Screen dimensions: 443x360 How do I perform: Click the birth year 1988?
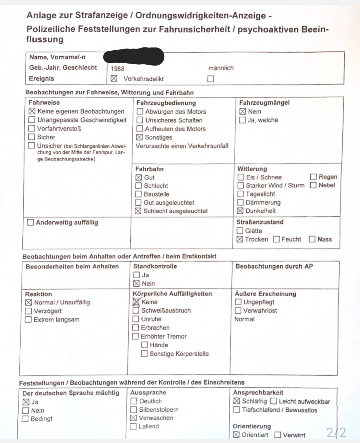click(117, 69)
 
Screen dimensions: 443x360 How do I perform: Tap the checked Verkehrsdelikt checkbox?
click(114, 79)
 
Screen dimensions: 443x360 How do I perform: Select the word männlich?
click(221, 68)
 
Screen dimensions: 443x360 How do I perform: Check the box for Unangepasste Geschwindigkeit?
click(32, 120)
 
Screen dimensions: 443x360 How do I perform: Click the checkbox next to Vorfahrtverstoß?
click(32, 128)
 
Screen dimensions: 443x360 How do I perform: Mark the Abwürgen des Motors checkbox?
click(140, 111)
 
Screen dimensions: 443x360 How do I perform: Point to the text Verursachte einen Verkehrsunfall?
click(182, 146)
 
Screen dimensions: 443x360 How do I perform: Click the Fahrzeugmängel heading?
click(264, 103)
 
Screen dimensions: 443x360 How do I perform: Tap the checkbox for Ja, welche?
click(242, 120)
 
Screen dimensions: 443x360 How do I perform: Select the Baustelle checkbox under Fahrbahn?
click(138, 194)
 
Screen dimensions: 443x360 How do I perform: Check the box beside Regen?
click(313, 177)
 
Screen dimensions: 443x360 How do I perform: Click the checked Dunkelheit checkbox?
click(240, 211)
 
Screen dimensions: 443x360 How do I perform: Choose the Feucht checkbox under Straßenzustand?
click(276, 239)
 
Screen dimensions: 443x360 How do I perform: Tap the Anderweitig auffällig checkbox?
click(30, 223)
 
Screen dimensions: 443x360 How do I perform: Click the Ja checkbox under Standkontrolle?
click(136, 275)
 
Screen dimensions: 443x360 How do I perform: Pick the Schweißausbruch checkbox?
click(136, 311)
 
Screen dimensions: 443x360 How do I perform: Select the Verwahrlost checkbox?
click(238, 311)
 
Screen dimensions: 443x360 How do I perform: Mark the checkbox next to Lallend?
click(133, 426)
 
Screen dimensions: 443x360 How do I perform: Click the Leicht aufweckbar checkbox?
click(273, 401)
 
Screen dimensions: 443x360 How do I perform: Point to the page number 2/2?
click(336, 432)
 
